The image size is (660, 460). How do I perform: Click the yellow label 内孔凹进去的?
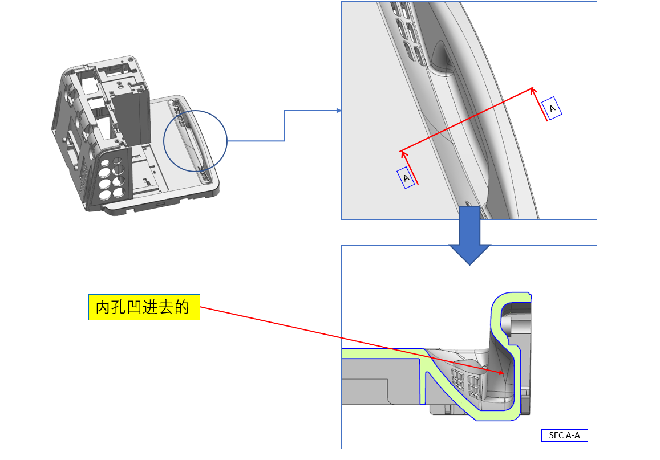tap(144, 308)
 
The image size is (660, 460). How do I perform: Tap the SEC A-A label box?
tap(564, 435)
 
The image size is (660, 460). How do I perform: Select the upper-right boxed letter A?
tap(552, 108)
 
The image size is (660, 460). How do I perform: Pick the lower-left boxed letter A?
tap(406, 178)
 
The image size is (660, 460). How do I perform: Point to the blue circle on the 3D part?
tap(195, 140)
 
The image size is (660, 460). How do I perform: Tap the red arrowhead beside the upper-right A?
tap(533, 89)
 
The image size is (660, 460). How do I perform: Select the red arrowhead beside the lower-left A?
tap(403, 153)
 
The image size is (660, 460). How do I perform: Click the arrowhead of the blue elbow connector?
tap(339, 111)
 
